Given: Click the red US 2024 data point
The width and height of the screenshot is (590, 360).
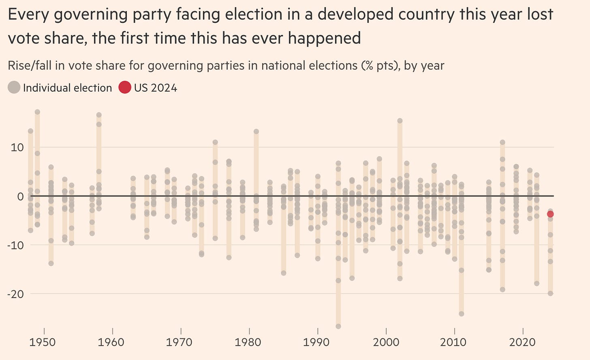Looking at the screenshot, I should click(x=550, y=214).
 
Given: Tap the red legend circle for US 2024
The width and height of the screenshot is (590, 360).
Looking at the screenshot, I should click(x=124, y=87).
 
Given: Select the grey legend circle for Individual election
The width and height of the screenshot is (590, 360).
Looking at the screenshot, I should click(x=14, y=87).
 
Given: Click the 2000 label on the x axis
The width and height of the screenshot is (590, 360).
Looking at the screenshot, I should click(x=386, y=343).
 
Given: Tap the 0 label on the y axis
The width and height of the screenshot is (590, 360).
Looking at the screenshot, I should click(x=20, y=196).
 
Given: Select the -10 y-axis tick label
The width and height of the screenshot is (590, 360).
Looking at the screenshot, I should click(x=15, y=245).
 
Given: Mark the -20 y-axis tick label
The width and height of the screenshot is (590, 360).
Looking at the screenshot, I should click(x=15, y=294).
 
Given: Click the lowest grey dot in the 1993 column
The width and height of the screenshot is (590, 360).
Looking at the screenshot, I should click(x=338, y=326).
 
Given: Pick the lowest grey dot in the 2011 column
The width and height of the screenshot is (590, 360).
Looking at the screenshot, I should click(x=461, y=314).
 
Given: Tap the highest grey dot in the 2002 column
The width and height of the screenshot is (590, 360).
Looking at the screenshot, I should click(x=400, y=121).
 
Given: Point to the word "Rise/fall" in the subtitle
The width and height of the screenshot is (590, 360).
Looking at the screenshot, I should click(x=30, y=66).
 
